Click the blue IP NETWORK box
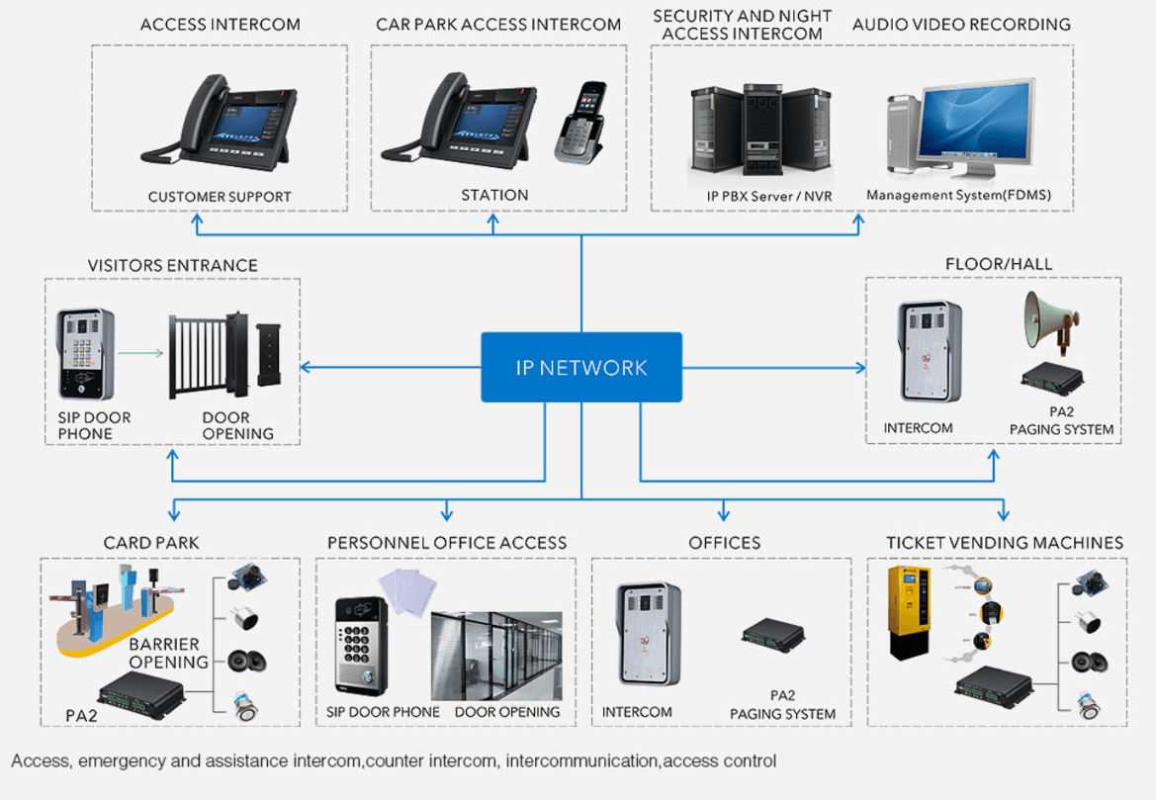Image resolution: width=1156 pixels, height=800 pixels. point(581,367)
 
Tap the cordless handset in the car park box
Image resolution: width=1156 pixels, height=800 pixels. point(580,123)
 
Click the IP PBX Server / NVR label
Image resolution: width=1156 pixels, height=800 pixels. point(769,196)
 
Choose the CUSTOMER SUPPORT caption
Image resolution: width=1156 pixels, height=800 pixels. point(220,196)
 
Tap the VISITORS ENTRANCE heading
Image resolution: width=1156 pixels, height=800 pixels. point(172,265)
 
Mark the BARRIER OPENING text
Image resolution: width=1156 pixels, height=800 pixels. point(169,653)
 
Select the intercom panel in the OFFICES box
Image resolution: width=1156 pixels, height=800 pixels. point(649,634)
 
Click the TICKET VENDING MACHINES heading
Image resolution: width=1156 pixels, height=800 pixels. point(1004,542)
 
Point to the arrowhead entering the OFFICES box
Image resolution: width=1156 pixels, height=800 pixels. point(723,514)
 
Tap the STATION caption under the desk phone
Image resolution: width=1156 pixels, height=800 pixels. point(494,195)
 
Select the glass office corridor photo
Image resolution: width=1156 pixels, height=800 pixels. point(496,656)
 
